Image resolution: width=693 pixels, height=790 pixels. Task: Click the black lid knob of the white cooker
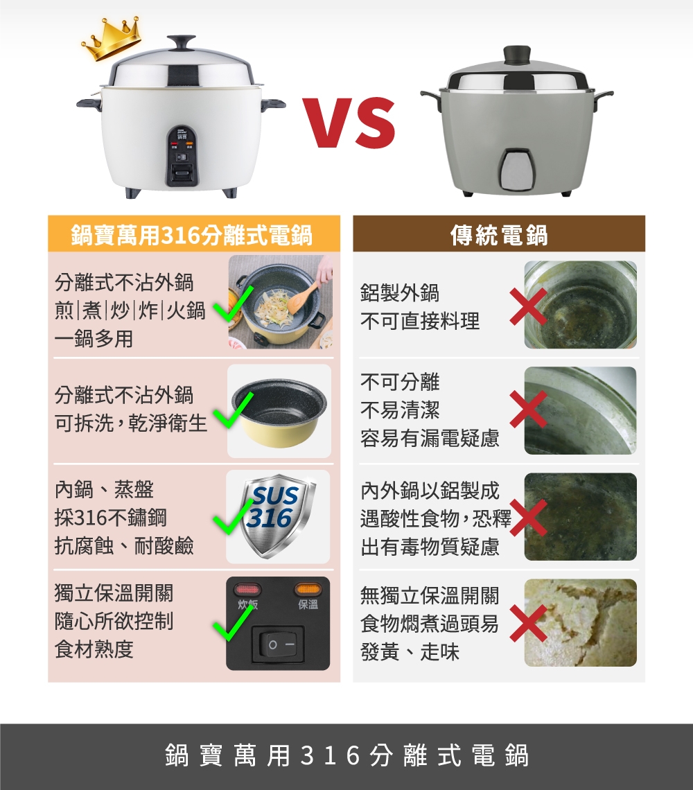[182, 42]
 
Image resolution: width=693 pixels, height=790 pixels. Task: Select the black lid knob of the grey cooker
[516, 54]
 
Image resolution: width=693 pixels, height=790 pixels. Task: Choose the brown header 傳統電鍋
[498, 235]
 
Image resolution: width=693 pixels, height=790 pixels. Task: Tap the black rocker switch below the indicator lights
[277, 644]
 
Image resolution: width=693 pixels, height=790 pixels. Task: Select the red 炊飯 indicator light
[247, 590]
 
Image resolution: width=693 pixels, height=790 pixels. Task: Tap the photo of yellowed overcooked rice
[580, 622]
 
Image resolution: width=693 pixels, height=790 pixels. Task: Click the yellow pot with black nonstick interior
[279, 412]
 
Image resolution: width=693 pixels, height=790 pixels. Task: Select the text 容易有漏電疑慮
[430, 439]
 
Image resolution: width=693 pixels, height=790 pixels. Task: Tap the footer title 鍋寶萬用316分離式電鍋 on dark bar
[346, 756]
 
